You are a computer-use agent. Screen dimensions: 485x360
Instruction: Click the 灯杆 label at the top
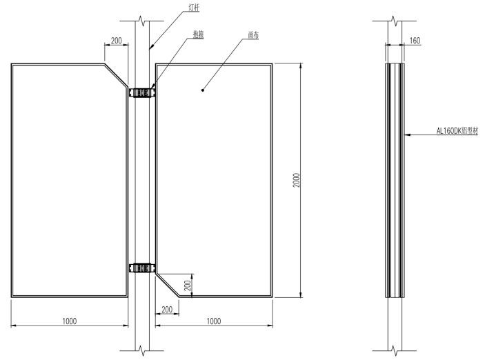tap(194, 8)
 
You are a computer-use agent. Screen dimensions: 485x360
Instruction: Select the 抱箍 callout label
tap(198, 34)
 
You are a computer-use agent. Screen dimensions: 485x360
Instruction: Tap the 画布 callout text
tap(253, 35)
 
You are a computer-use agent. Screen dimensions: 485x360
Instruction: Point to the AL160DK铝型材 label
tap(457, 131)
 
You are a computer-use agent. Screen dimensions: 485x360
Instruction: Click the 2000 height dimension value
tap(297, 180)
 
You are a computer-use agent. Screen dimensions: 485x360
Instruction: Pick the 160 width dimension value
tap(415, 41)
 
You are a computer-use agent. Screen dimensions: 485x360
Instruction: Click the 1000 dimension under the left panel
tap(69, 321)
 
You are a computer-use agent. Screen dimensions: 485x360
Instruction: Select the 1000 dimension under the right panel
tap(214, 321)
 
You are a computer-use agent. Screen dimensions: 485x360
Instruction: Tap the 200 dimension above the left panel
tap(117, 41)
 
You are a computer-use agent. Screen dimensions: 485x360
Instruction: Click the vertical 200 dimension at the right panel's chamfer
tap(188, 286)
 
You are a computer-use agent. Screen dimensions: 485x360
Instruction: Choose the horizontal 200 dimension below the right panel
tap(167, 309)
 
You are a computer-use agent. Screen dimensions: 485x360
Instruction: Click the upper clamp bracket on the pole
tap(142, 92)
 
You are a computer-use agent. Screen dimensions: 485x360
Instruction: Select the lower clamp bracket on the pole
tap(142, 268)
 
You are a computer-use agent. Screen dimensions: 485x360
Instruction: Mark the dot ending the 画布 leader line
tap(203, 90)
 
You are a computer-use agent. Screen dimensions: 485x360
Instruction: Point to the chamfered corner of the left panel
tap(117, 75)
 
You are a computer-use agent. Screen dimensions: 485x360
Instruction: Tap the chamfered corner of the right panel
tap(167, 285)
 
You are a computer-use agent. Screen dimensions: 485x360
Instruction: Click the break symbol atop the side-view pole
tap(395, 21)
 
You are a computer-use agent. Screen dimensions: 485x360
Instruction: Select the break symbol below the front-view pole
tap(142, 351)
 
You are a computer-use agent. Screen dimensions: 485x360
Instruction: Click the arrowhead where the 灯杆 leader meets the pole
tap(151, 47)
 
